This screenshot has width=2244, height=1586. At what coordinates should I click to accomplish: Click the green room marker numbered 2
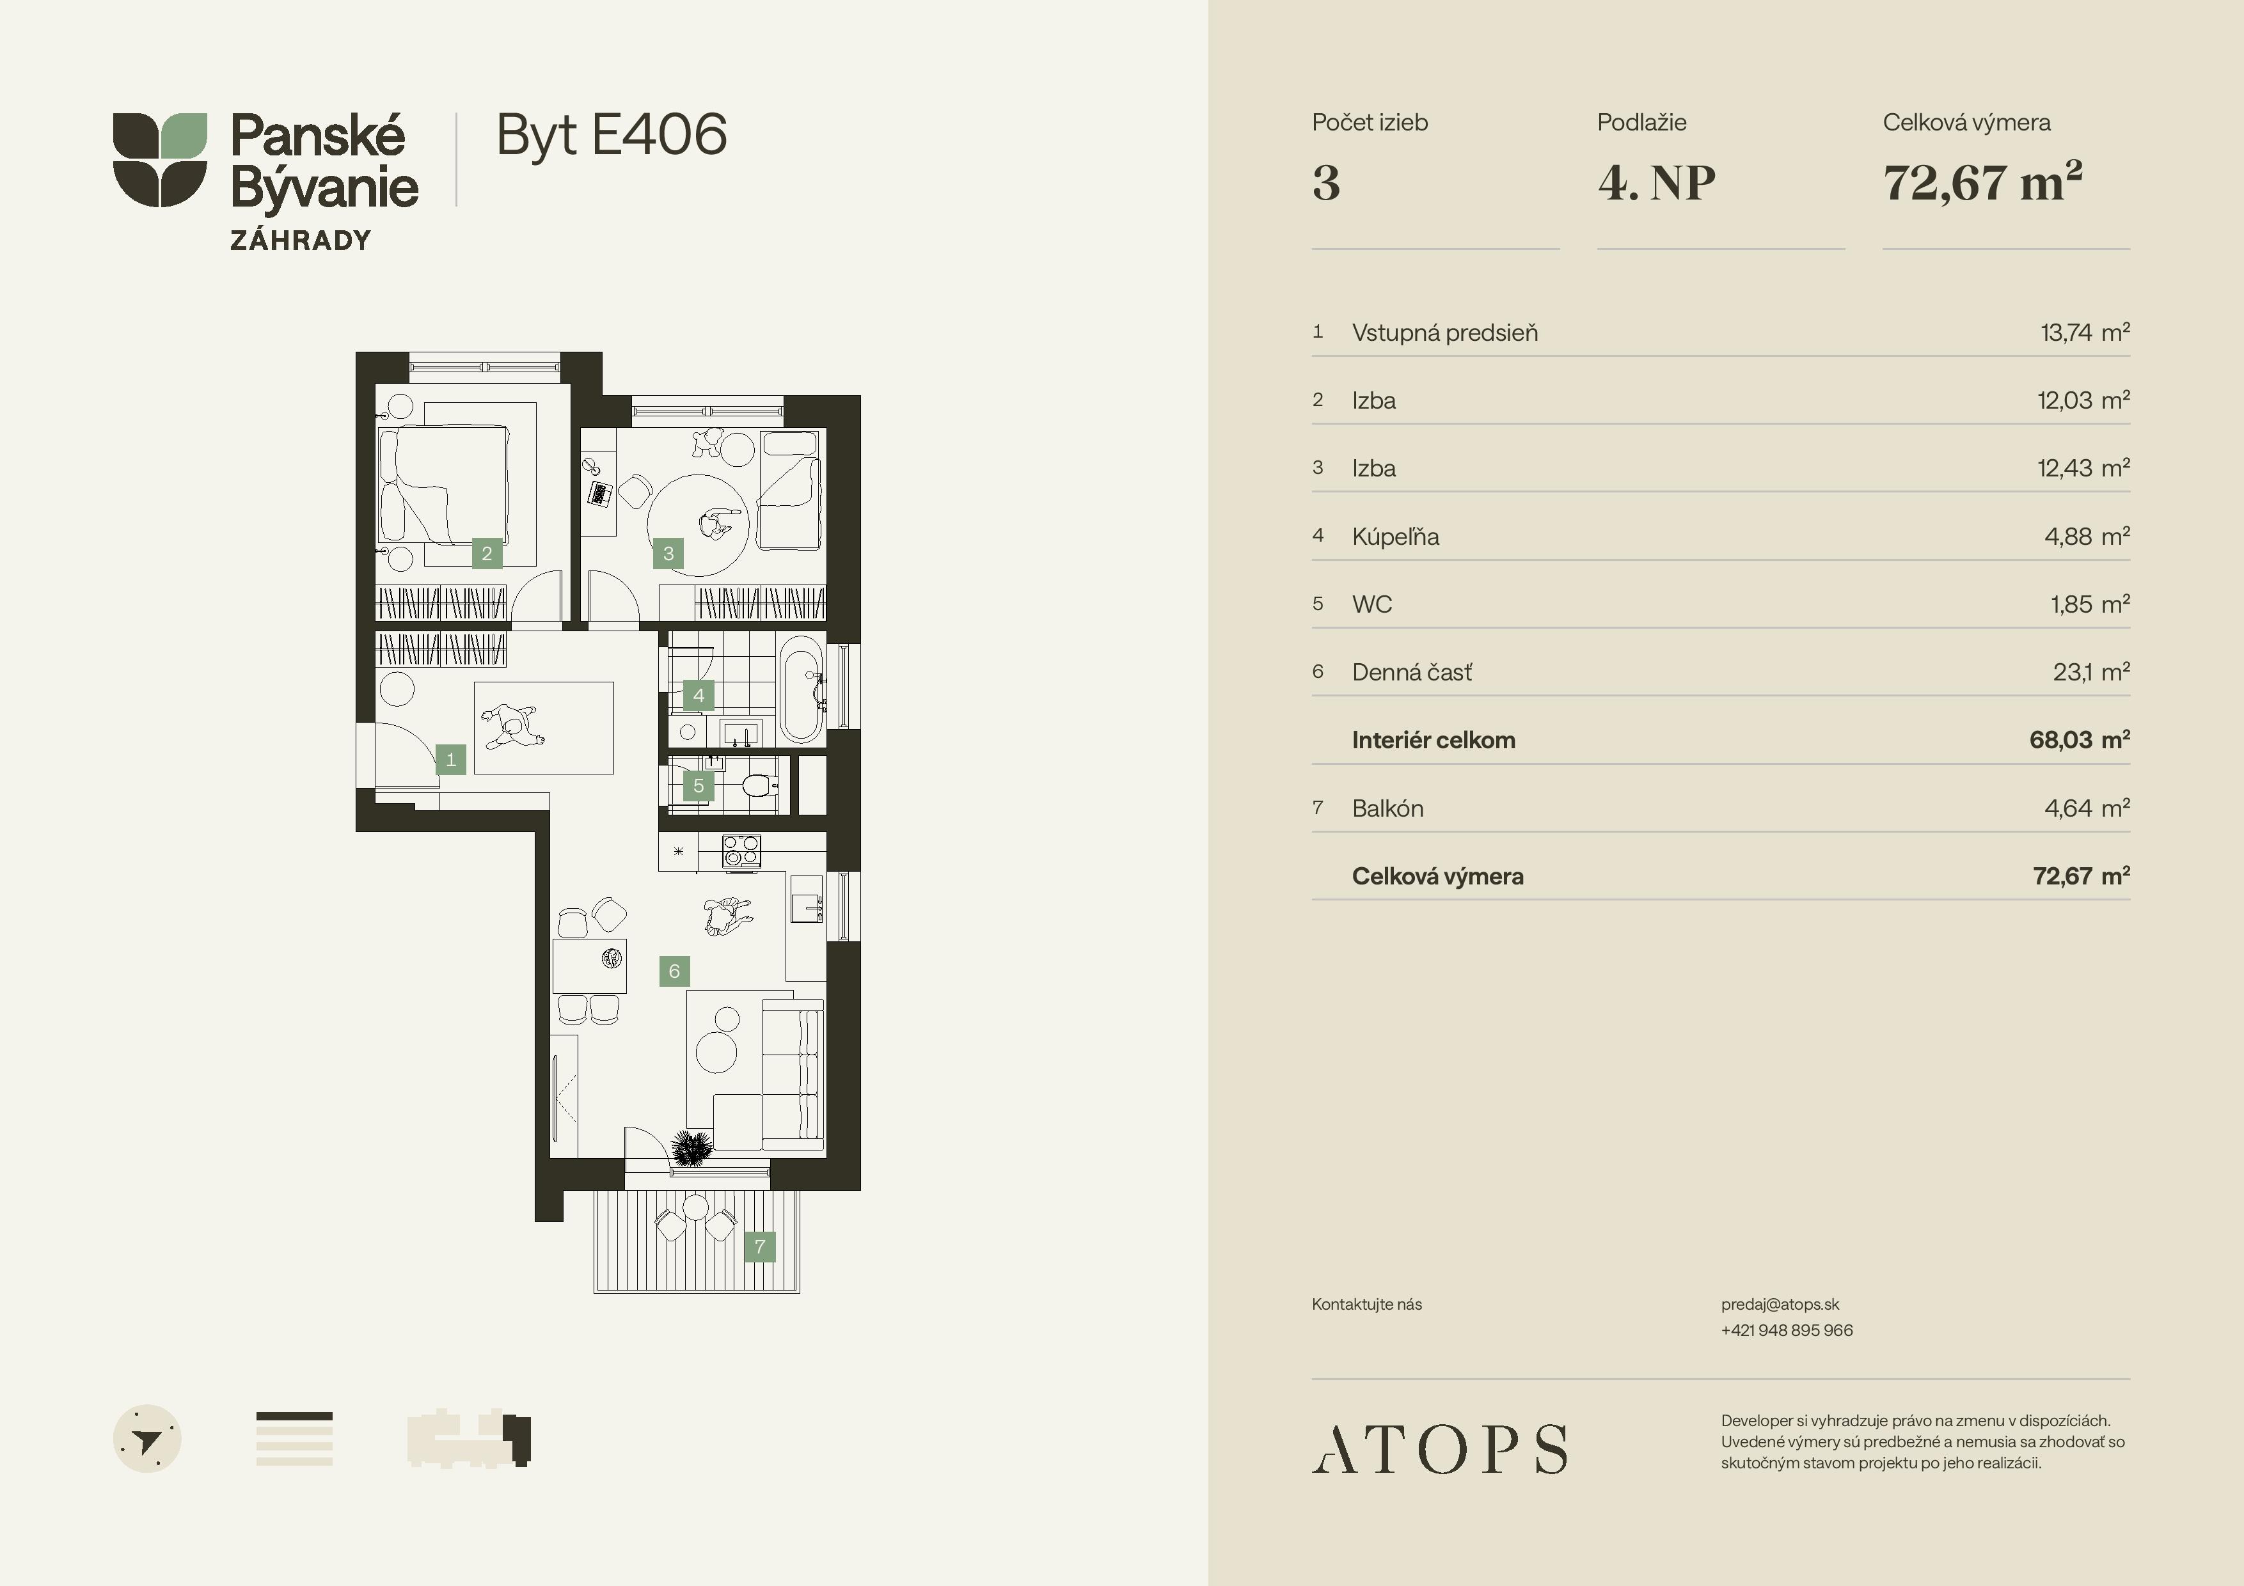pyautogui.click(x=487, y=553)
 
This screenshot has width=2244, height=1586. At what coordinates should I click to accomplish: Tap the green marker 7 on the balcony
pyautogui.click(x=759, y=1246)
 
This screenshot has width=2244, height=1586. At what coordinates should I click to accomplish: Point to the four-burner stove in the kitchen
pyautogui.click(x=741, y=850)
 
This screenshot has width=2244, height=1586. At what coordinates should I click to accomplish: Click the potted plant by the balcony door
pyautogui.click(x=692, y=1149)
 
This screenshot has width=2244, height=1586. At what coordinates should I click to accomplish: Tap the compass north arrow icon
pyautogui.click(x=148, y=1438)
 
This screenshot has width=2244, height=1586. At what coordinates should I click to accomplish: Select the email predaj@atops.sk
pyautogui.click(x=1780, y=1305)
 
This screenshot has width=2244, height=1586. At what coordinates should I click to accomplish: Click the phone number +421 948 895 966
pyautogui.click(x=1787, y=1330)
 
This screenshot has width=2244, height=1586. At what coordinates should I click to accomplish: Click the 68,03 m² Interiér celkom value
pyautogui.click(x=2080, y=740)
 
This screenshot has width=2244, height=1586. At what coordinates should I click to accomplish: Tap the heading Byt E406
pyautogui.click(x=612, y=135)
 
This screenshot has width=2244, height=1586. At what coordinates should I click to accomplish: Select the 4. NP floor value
pyautogui.click(x=1657, y=183)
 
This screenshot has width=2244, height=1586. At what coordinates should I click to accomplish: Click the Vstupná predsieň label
pyautogui.click(x=1444, y=333)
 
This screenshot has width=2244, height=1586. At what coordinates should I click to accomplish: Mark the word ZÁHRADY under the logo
pyautogui.click(x=301, y=240)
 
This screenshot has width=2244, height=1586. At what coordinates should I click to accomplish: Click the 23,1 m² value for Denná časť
pyautogui.click(x=2092, y=671)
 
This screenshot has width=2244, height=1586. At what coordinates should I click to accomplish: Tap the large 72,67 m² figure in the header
pyautogui.click(x=1983, y=182)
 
